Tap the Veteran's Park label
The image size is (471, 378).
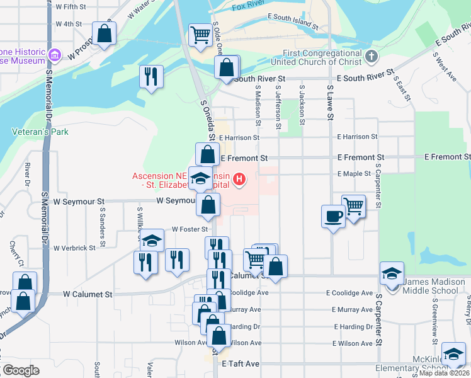(x=40, y=132)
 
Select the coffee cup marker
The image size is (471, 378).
(x=333, y=216)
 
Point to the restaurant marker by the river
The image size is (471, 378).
(x=151, y=76)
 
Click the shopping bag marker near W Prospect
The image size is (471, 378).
(x=104, y=33)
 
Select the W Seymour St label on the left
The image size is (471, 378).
(x=79, y=202)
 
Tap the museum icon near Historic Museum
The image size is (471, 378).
(x=55, y=56)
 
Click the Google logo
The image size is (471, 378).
(x=20, y=370)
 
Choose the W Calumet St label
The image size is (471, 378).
(x=88, y=294)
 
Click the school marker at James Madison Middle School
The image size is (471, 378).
(x=392, y=273)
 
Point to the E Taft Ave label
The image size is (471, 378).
(x=241, y=364)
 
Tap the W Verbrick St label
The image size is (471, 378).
(x=74, y=248)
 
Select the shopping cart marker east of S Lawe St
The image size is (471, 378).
(x=354, y=206)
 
